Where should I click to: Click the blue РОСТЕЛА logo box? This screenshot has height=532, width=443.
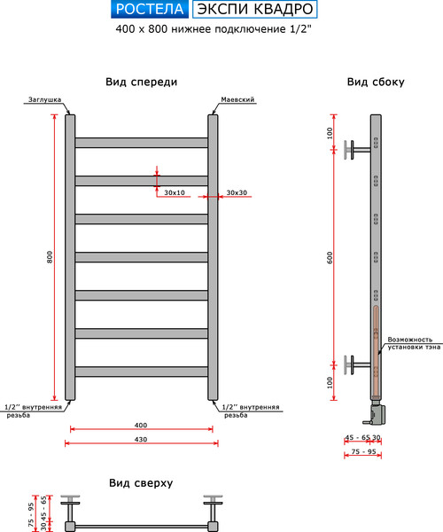click(150, 9)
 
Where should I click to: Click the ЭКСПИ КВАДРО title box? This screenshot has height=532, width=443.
click(255, 9)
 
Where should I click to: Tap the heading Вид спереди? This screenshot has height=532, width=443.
click(142, 82)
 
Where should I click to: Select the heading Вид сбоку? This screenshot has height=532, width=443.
click(376, 82)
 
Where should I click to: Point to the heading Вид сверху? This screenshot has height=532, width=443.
click(141, 483)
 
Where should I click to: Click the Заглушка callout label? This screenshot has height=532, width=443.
click(44, 99)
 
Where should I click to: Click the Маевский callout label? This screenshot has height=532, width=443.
click(237, 99)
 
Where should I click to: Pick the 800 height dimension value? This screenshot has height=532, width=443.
click(50, 257)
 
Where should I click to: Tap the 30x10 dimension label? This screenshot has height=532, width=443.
click(175, 192)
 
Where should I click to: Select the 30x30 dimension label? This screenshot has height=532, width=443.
click(237, 192)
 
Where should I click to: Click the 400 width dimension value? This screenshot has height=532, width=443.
click(141, 425)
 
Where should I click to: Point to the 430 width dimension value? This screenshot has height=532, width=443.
click(141, 440)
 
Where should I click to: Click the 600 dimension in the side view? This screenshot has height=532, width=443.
click(330, 257)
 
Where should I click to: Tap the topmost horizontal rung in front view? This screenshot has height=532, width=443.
click(142, 143)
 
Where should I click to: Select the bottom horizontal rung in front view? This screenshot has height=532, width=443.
click(142, 372)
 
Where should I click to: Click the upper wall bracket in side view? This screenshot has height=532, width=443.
click(357, 150)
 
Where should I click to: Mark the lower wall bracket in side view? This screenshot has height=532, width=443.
click(357, 364)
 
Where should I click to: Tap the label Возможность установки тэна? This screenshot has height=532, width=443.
click(414, 343)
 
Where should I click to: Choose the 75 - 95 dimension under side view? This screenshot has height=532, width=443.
click(363, 451)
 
